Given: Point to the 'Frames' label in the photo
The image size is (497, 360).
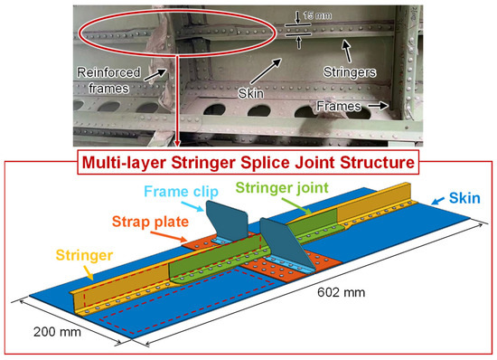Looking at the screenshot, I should point(342,106).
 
